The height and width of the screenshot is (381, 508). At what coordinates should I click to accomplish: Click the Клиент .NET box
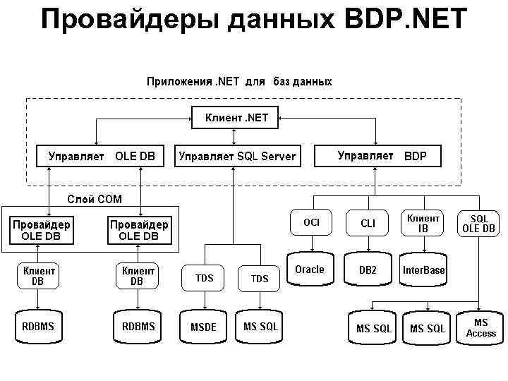(x=236, y=118)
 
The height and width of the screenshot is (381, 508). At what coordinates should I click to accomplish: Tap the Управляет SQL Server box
(x=237, y=156)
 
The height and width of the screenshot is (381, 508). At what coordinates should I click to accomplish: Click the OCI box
(x=311, y=223)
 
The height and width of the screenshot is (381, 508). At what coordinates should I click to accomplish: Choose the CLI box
(x=368, y=223)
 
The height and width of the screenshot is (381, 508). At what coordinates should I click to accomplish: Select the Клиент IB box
(x=423, y=223)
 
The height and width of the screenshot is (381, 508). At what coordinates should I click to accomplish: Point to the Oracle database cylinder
(x=310, y=270)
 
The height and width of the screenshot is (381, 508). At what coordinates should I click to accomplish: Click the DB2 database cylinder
(x=368, y=270)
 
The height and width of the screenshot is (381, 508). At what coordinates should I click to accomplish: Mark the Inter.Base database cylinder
(x=423, y=270)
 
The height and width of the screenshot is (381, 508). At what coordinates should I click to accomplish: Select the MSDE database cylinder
(x=203, y=327)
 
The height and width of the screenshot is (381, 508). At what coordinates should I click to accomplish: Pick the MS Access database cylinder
(x=480, y=328)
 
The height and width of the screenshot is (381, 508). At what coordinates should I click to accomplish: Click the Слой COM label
(x=94, y=199)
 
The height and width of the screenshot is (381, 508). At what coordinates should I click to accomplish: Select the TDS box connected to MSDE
(x=204, y=278)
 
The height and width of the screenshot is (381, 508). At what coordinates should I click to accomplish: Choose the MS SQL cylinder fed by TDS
(x=260, y=327)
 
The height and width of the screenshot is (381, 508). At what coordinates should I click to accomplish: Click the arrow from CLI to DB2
(x=368, y=245)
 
